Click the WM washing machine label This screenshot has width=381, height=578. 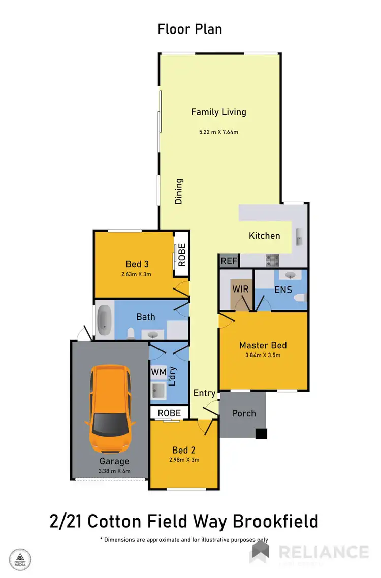tap(158, 372)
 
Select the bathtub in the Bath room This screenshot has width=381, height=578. tap(105, 319)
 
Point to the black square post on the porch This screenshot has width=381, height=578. tap(261, 433)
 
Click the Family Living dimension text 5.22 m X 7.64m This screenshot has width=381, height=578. tap(218, 132)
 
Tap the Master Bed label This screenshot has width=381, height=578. tap(263, 345)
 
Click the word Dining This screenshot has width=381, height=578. tap(179, 191)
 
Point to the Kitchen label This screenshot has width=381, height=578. tap(264, 236)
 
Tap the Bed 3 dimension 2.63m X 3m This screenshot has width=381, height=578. tap(136, 274)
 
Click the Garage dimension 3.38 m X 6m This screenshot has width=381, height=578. tap(114, 471)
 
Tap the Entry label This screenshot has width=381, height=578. tap(205, 393)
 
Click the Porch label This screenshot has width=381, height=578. tap(244, 413)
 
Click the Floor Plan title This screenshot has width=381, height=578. tap(190, 29)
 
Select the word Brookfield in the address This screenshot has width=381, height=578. tap(276, 521)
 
